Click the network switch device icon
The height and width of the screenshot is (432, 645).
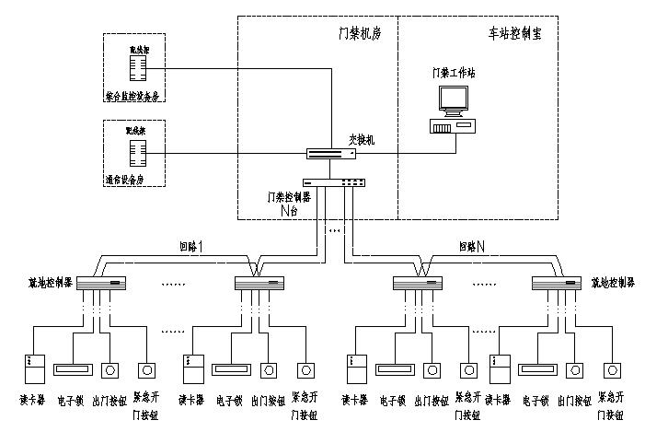[330, 154]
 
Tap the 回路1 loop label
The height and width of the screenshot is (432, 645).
[190, 247]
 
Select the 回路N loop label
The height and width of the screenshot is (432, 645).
[471, 247]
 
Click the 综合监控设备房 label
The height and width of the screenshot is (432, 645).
[138, 95]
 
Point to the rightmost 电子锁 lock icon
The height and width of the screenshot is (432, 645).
[537, 369]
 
